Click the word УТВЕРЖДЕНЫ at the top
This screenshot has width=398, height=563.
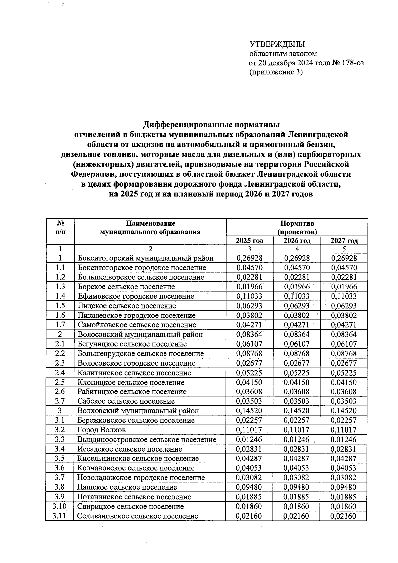[x=277, y=44]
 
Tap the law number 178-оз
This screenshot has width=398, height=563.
[x=351, y=63]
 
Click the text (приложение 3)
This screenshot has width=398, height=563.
[x=276, y=72]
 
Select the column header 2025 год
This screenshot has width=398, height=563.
[x=249, y=241]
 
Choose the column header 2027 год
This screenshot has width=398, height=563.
[x=344, y=241]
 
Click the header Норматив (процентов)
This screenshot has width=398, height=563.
[x=297, y=227]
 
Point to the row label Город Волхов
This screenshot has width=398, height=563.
[x=101, y=430]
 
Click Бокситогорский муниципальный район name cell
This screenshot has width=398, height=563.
[x=146, y=258]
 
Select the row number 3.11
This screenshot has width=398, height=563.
[x=60, y=516]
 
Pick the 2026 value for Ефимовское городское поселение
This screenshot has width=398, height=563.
[x=297, y=296]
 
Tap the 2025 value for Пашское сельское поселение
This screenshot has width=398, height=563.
[x=249, y=487]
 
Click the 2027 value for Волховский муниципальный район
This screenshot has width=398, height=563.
[x=344, y=411]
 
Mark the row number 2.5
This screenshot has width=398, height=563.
[x=60, y=382]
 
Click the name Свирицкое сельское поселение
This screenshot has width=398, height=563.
[x=131, y=507]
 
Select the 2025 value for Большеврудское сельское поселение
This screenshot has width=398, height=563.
[x=249, y=354]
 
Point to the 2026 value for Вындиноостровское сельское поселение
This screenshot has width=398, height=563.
[x=297, y=440]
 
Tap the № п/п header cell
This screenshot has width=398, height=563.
[x=60, y=228]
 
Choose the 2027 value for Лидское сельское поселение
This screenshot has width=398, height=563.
[x=344, y=306]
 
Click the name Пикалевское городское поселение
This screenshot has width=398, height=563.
[x=137, y=316]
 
